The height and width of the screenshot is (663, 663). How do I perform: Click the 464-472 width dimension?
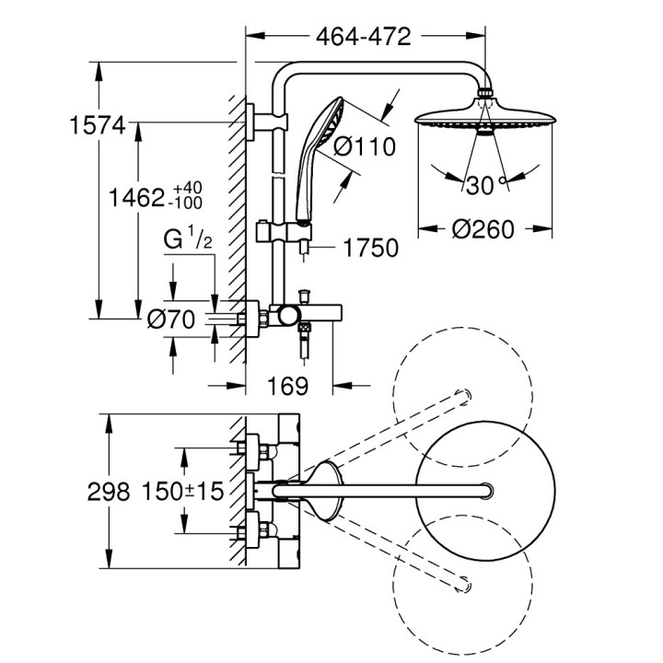363,37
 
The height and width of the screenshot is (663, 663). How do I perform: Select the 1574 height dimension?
97,127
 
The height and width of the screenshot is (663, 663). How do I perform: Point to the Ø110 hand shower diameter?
364,145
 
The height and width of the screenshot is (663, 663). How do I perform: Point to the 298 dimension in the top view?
108,492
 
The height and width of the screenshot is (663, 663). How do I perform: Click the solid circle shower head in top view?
485,488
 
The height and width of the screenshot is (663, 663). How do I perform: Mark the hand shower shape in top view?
326,488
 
